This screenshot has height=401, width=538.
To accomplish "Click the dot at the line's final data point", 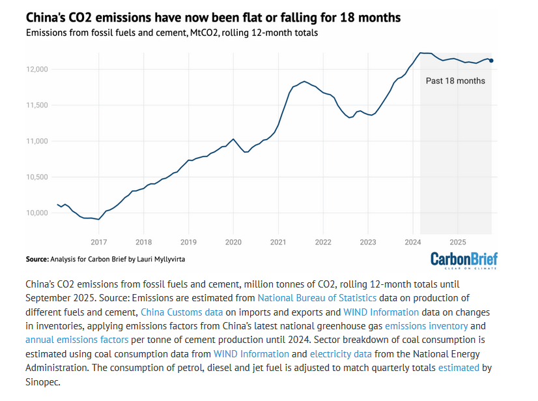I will coord(491,61).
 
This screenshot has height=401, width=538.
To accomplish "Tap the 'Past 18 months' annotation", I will coord(455,81).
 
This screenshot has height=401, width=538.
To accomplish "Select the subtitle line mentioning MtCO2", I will coord(172,33).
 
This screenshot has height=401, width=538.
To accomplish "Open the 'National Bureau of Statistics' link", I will coord(322,298).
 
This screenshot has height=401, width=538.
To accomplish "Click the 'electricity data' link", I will coord(341,354).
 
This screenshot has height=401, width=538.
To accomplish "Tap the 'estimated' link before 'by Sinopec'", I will coord(459,368).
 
